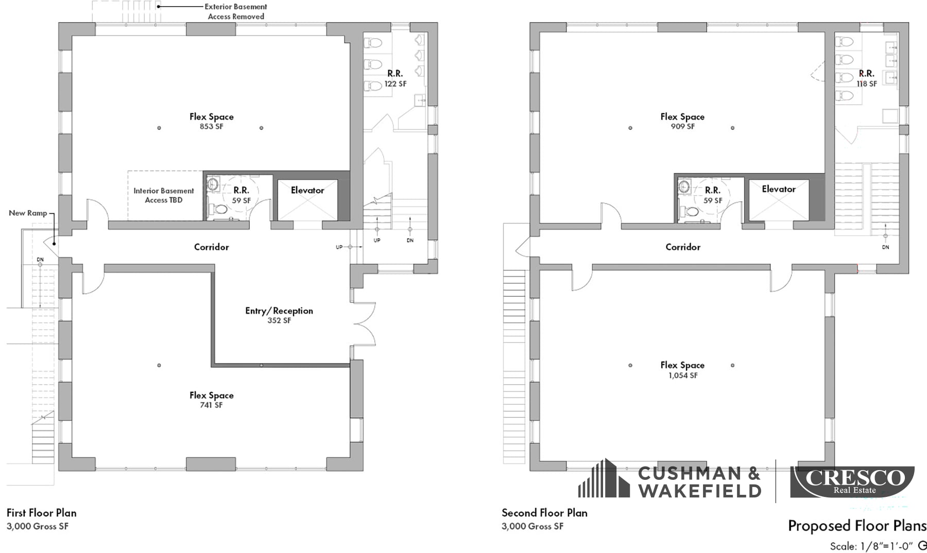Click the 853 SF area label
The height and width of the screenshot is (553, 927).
click(x=212, y=127)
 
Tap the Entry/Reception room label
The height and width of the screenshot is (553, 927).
click(x=279, y=311)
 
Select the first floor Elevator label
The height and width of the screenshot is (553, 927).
click(x=307, y=191)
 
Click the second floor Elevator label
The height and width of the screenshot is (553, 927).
click(x=779, y=189)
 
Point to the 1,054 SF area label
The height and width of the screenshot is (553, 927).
click(x=683, y=376)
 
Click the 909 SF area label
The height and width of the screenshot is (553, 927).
click(x=683, y=127)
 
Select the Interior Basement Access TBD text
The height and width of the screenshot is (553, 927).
click(x=164, y=196)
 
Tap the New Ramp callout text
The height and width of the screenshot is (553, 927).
click(x=28, y=213)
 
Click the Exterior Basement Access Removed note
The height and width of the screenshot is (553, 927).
click(x=236, y=11)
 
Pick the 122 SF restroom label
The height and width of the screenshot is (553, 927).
click(x=395, y=84)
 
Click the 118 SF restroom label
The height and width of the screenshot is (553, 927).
click(x=867, y=84)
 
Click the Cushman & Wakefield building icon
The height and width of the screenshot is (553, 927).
click(x=604, y=480)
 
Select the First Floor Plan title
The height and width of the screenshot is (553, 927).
click(x=41, y=513)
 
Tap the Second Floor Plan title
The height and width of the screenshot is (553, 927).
click(x=544, y=513)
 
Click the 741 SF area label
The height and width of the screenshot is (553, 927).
click(x=212, y=405)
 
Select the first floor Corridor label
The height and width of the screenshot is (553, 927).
click(x=212, y=247)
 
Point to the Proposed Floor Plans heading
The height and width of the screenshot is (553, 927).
click(x=857, y=526)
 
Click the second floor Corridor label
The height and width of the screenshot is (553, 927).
click(x=683, y=247)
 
